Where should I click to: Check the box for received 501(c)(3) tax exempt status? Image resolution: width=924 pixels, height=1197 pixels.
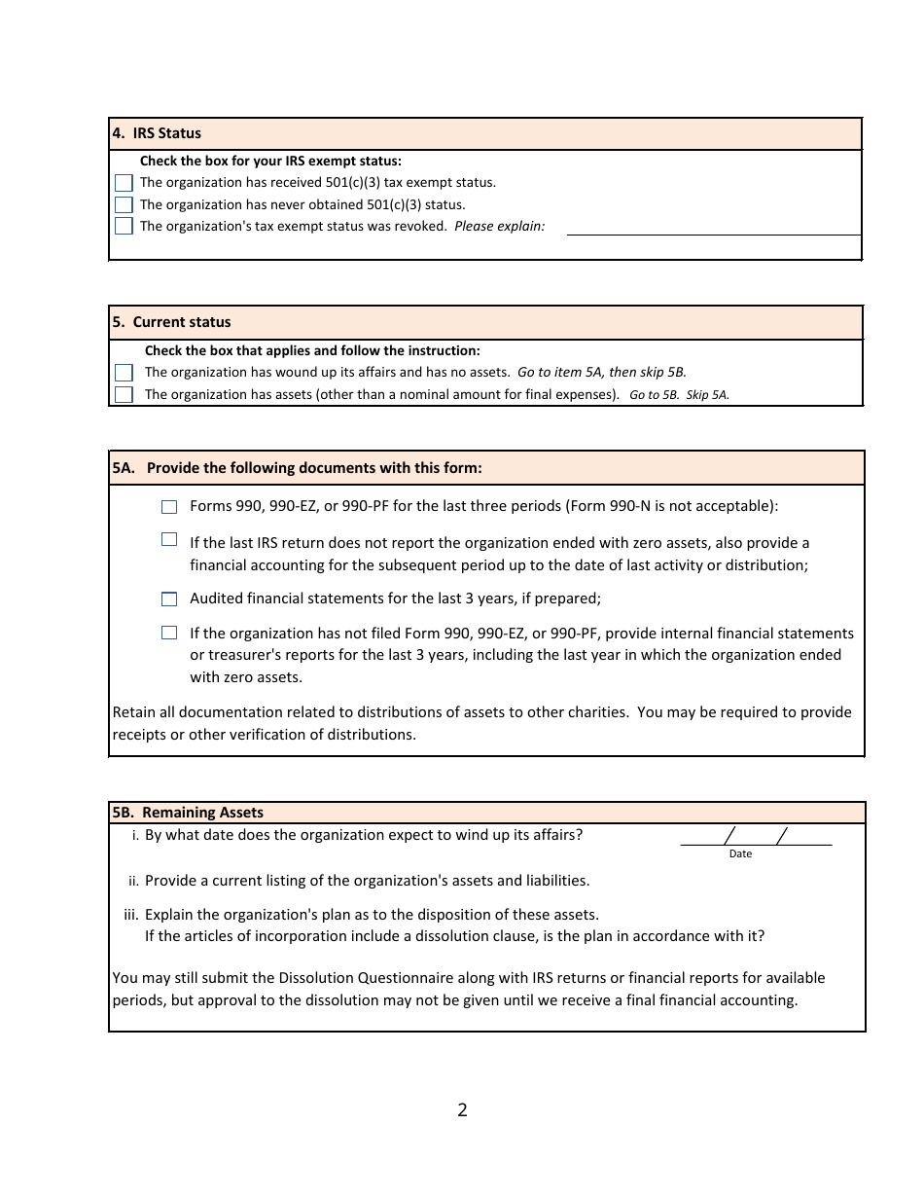tap(124, 183)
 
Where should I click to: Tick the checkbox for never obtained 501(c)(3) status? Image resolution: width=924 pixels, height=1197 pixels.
tap(124, 205)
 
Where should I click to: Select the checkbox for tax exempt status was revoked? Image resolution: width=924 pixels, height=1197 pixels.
tap(124, 227)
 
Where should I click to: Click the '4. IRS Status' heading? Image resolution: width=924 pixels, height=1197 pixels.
tap(157, 133)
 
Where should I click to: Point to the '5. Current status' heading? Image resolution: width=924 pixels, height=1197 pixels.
tap(171, 322)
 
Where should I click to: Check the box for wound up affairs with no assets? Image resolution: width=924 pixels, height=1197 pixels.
tap(124, 373)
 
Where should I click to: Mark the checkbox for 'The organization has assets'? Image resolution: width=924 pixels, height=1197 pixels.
tap(124, 395)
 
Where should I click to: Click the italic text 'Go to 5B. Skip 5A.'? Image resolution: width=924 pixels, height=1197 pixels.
tap(679, 395)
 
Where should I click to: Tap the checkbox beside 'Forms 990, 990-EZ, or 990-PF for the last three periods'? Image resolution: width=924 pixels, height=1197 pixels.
tap(169, 507)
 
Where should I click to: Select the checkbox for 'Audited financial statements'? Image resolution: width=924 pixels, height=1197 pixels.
tap(169, 599)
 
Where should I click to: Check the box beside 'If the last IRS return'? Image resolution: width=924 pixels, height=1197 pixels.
tap(169, 540)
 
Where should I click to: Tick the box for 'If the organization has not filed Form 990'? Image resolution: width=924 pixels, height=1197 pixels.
tap(169, 634)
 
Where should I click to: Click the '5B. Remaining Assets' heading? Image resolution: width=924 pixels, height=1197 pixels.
tap(188, 813)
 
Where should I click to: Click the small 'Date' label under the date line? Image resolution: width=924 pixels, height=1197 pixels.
tap(740, 854)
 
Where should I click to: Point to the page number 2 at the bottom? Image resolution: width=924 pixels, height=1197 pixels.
tap(462, 1110)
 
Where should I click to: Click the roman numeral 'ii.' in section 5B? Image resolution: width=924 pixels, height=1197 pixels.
tap(133, 882)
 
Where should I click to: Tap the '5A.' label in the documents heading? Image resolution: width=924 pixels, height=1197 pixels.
tap(124, 468)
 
